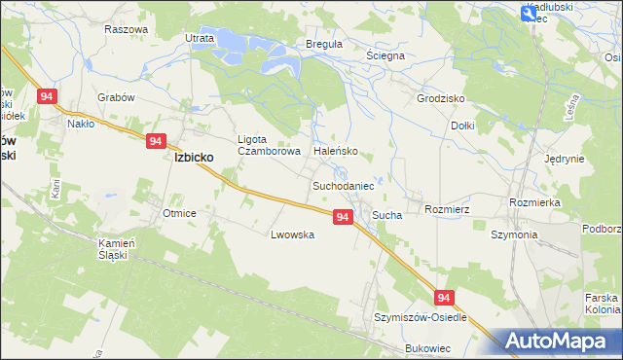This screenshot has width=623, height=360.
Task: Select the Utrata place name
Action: coord(199,38)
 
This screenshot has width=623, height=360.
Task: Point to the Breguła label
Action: coord(297,44)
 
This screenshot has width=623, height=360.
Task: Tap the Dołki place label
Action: coord(462,126)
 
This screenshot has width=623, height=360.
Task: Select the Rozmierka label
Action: coord(533,202)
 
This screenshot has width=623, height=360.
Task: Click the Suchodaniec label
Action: coord(343,184)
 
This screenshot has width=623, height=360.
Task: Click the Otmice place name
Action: coord(180,213)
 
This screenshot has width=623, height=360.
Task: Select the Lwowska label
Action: coord(292,234)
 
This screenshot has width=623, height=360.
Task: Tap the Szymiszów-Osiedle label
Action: coord(421,317)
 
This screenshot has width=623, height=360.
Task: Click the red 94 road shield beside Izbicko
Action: coord(156,141)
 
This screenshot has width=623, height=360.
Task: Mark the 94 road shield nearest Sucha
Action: coord(342,217)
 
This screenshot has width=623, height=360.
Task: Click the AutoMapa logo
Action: coord(557,341)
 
